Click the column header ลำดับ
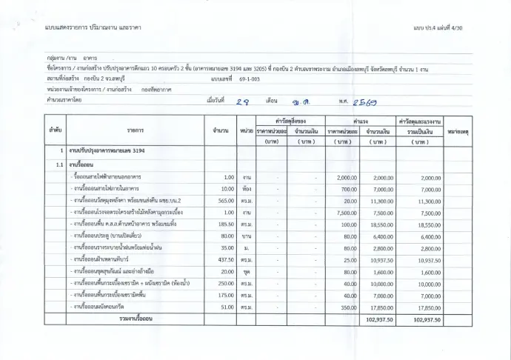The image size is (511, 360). [x=55, y=130]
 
